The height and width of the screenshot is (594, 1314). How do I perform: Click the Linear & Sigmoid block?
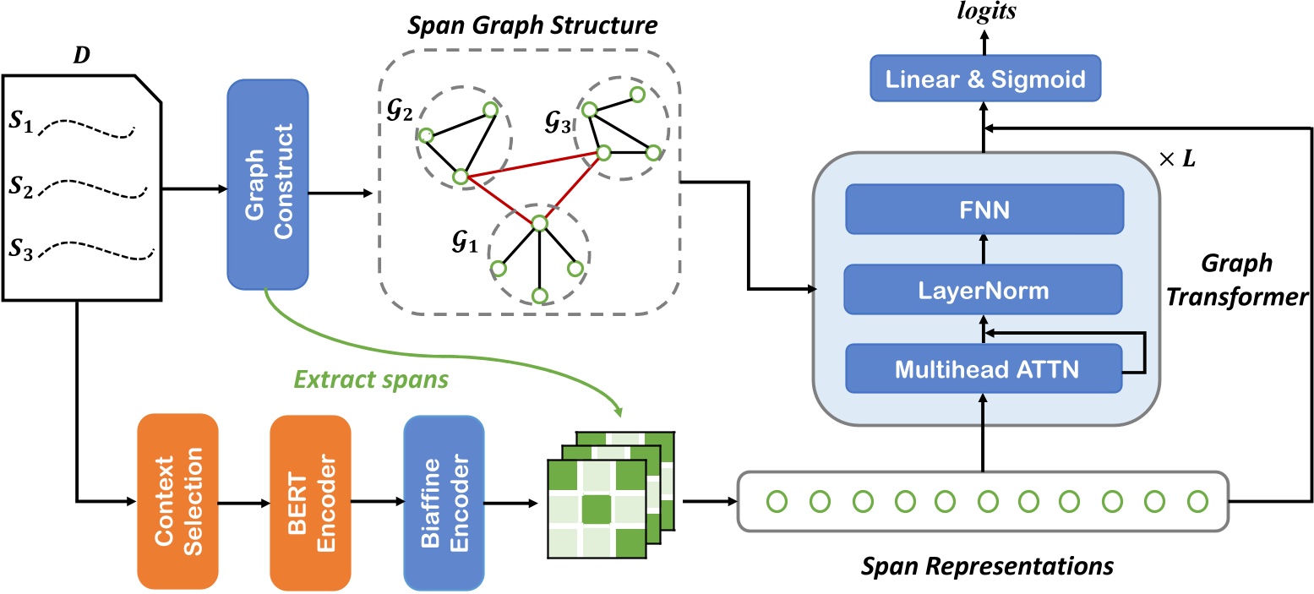point(984,80)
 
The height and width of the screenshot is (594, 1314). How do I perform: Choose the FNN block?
point(984,209)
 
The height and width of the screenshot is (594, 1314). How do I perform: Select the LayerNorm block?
point(984,291)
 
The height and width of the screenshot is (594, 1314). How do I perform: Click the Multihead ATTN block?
point(984,368)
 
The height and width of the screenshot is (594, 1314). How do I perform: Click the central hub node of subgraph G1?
point(540,222)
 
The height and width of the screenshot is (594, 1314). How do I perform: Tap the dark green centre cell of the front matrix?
point(597,509)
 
